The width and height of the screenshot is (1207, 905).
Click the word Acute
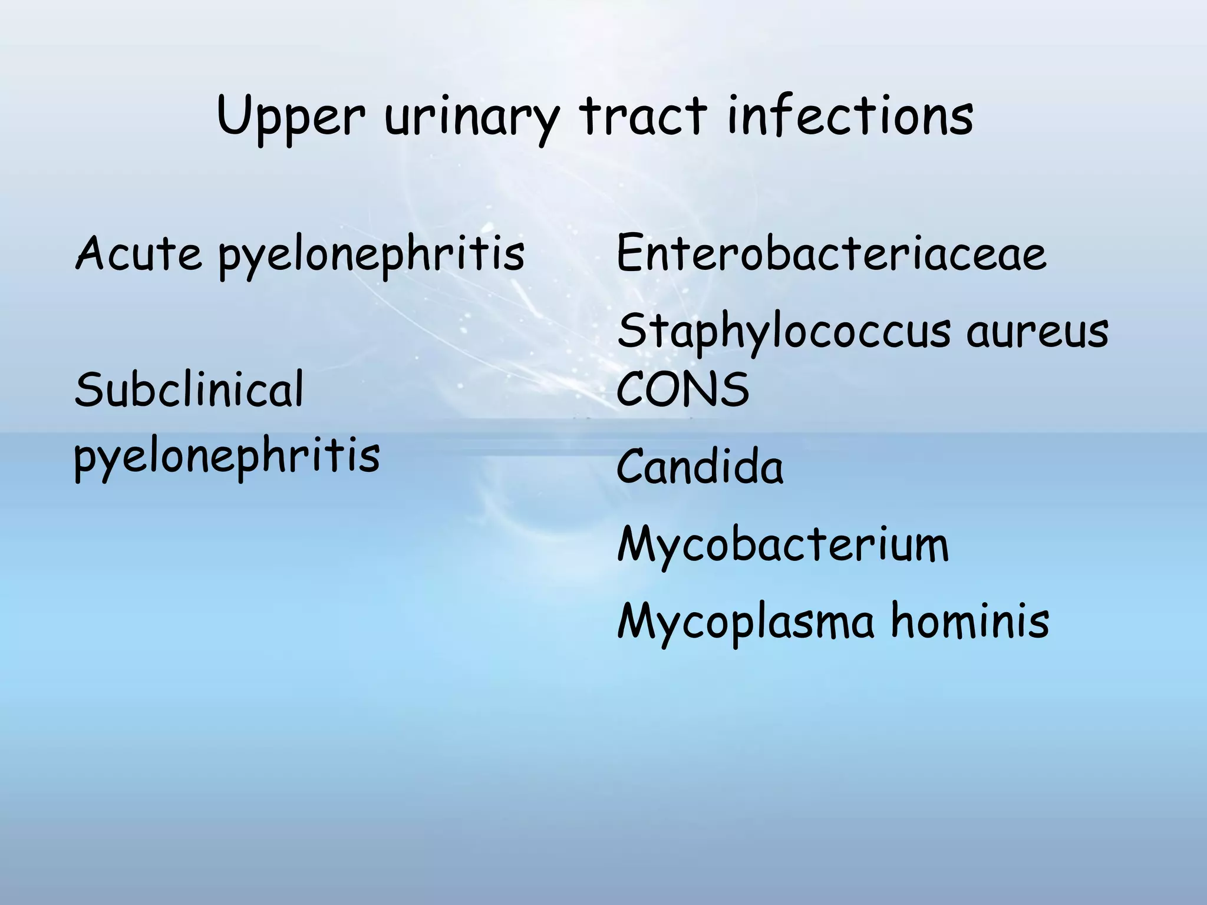(138, 253)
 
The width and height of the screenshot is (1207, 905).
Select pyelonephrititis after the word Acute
(371, 256)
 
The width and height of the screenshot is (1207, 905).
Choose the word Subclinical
(189, 390)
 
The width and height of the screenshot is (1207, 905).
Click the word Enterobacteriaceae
(831, 253)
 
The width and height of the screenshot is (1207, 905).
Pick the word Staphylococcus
(784, 333)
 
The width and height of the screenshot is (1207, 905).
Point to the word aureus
(1037, 332)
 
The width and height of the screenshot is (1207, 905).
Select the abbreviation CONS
(682, 390)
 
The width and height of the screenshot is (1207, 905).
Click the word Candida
(700, 467)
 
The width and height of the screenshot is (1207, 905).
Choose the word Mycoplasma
(746, 623)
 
